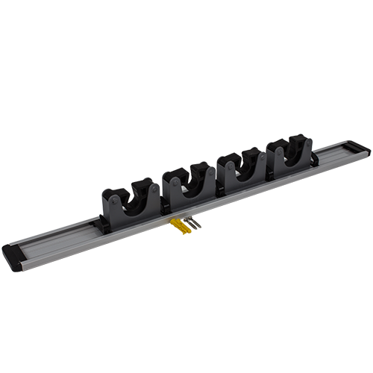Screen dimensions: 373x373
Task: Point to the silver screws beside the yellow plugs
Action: click(192, 222)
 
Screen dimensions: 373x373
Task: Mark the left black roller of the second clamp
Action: click(173, 178)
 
